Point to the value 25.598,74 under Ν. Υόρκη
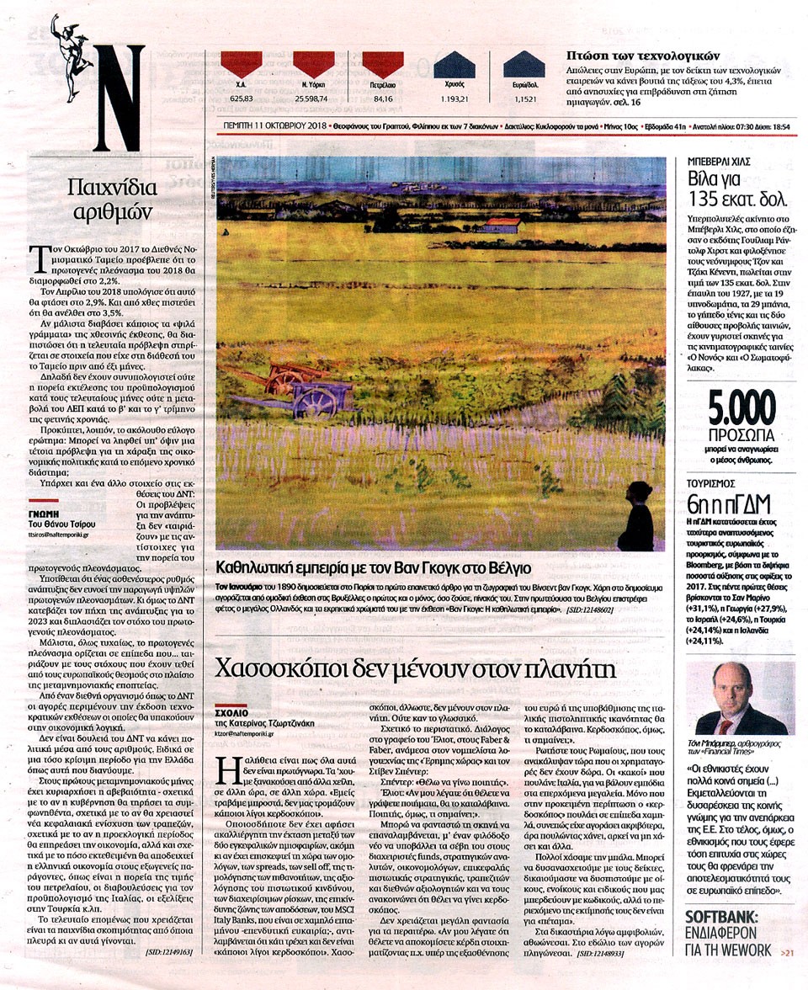pyautogui.click(x=313, y=98)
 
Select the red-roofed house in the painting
pyautogui.click(x=502, y=224)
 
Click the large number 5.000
pyautogui.click(x=742, y=411)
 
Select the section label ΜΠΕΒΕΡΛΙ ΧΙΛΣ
pyautogui.click(x=717, y=160)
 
